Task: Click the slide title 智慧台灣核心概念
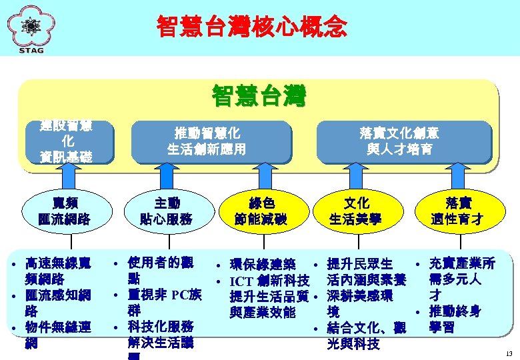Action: click(x=252, y=27)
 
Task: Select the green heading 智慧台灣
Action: click(x=259, y=96)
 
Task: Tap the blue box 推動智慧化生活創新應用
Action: click(x=207, y=141)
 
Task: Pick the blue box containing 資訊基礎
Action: click(x=67, y=141)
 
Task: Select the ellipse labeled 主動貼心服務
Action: click(x=166, y=211)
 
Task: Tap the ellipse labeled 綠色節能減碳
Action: click(x=261, y=211)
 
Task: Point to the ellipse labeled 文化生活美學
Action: click(x=356, y=211)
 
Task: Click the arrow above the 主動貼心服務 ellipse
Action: click(x=166, y=178)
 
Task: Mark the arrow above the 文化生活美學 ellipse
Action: click(x=356, y=178)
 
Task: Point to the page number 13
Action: click(x=509, y=352)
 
